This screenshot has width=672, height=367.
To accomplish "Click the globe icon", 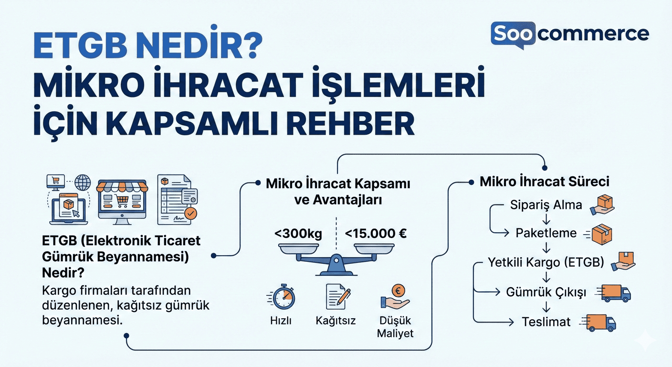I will pyautogui.click(x=83, y=183).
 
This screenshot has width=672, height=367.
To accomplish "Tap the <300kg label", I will pyautogui.click(x=298, y=234).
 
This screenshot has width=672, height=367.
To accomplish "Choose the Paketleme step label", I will pyautogui.click(x=546, y=233).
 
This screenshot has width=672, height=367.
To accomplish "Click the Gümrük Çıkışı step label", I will pyautogui.click(x=546, y=292).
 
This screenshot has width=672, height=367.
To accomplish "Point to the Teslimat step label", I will pyautogui.click(x=546, y=322).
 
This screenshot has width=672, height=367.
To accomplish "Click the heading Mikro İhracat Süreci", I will pyautogui.click(x=544, y=182).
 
